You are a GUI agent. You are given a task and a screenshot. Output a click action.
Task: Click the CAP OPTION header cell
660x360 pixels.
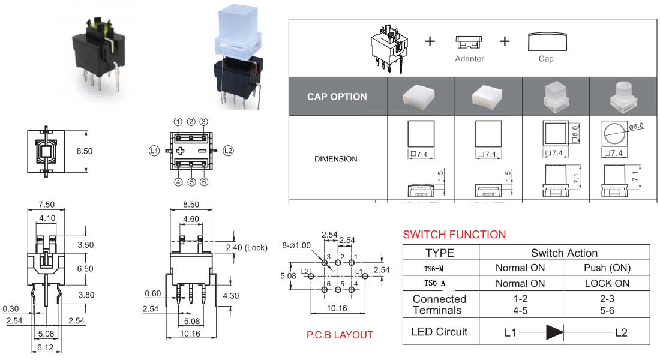pyautogui.click(x=337, y=96)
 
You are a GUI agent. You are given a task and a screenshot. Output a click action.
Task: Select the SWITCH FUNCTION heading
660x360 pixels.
pyautogui.click(x=454, y=235)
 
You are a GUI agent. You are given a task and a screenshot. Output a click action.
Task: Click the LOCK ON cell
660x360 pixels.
pyautogui.click(x=607, y=283)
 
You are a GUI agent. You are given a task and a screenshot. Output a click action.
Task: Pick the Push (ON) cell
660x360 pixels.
pyautogui.click(x=607, y=268)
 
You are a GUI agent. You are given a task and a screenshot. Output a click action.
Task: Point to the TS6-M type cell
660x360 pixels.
pyautogui.click(x=434, y=268)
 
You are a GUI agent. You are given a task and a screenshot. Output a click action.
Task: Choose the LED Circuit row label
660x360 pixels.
pyautogui.click(x=439, y=331)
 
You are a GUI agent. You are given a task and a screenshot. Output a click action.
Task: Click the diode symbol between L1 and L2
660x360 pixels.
pyautogui.click(x=554, y=332)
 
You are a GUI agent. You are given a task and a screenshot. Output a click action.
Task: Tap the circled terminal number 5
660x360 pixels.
pyautogui.click(x=191, y=182)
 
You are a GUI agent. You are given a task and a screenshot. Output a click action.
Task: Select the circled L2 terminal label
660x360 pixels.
pyautogui.click(x=228, y=151)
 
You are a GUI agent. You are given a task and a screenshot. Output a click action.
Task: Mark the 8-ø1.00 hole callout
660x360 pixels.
pyautogui.click(x=296, y=245)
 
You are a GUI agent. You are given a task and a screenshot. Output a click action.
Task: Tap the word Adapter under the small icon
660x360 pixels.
pyautogui.click(x=469, y=59)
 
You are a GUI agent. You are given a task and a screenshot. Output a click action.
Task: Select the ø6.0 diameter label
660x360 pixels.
pyautogui.click(x=637, y=125)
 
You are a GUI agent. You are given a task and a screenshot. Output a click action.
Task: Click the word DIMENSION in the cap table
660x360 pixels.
pyautogui.click(x=335, y=159)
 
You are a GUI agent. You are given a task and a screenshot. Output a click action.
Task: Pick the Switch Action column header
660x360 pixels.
pyautogui.click(x=564, y=253)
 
